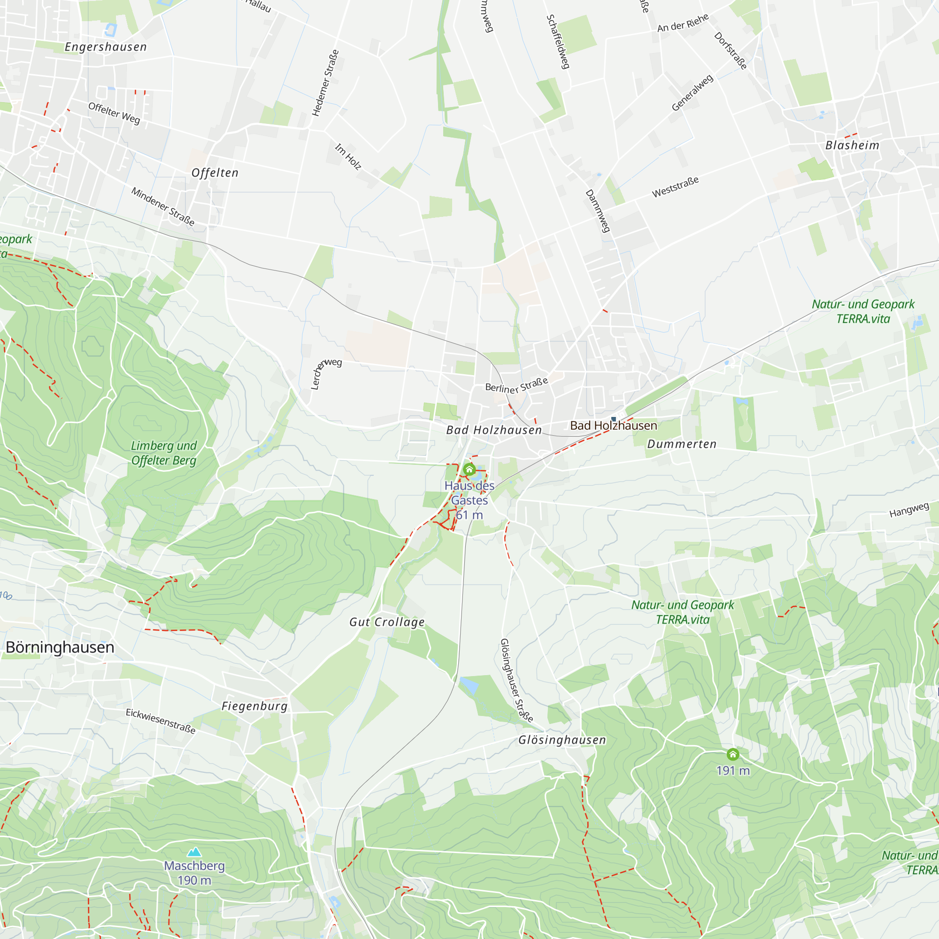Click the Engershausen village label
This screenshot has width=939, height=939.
pos(106,47)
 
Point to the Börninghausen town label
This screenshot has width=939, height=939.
pos(60,647)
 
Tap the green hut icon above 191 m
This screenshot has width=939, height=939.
pos(733,754)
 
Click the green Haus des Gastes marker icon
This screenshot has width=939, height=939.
pos(469,469)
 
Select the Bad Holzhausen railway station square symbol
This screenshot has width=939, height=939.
pos(614,419)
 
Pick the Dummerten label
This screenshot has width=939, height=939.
pos(682,444)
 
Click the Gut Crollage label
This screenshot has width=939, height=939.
pos(387,622)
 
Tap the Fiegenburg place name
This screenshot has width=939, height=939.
pos(254,706)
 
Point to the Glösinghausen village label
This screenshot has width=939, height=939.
pos(562,740)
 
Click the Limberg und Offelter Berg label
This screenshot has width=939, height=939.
pos(164,453)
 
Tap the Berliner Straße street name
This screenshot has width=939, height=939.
pos(516,385)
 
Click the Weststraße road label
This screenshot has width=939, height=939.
pos(675,187)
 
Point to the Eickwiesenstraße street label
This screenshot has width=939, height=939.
pos(161,721)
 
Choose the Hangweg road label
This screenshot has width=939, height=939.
pos(909,510)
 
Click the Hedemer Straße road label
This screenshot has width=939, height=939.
pos(325,83)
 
